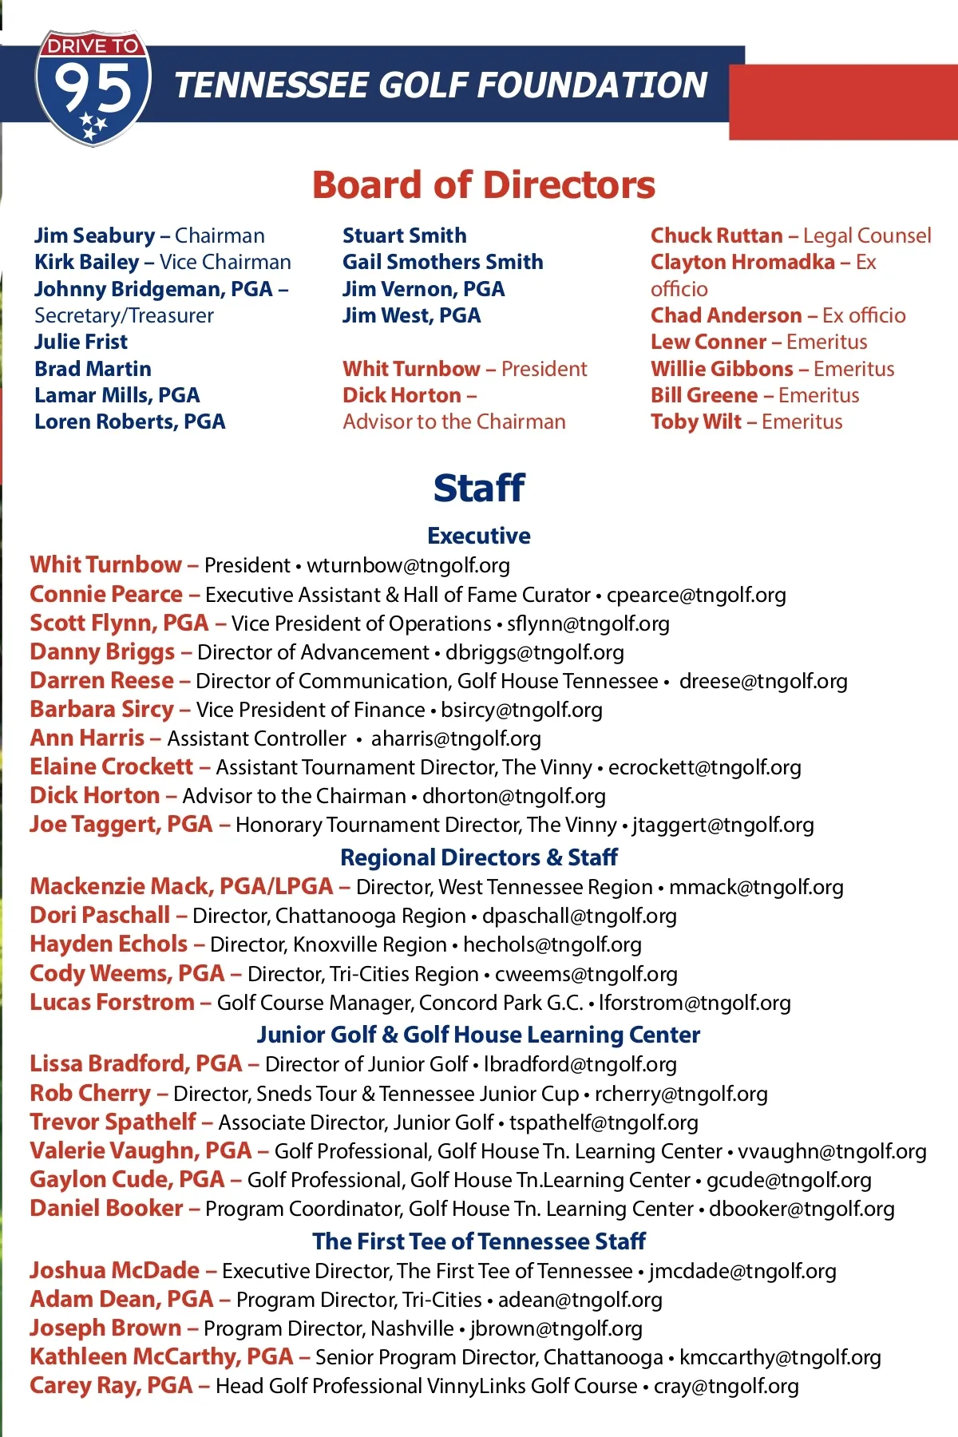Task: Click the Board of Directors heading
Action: (x=483, y=185)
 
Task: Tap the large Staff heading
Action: (x=479, y=488)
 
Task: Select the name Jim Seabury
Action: (x=94, y=236)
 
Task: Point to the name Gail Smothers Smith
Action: (x=442, y=262)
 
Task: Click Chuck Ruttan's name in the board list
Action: (x=716, y=236)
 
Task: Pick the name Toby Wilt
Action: (x=695, y=422)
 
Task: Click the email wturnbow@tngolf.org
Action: (x=408, y=565)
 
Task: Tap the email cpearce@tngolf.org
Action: (x=696, y=595)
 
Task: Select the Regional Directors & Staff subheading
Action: (x=479, y=857)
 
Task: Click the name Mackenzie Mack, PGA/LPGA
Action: (x=181, y=886)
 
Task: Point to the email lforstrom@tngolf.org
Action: (x=695, y=1003)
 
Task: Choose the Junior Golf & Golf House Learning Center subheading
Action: (x=479, y=1035)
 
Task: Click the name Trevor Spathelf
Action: (x=113, y=1122)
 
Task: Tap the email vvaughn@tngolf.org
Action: (x=832, y=1151)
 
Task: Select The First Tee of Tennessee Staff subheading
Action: (x=479, y=1241)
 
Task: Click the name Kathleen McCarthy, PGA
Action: (x=161, y=1357)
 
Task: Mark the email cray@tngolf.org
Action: (x=726, y=1387)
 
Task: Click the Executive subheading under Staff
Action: (x=479, y=536)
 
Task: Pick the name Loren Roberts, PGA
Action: (x=129, y=422)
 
